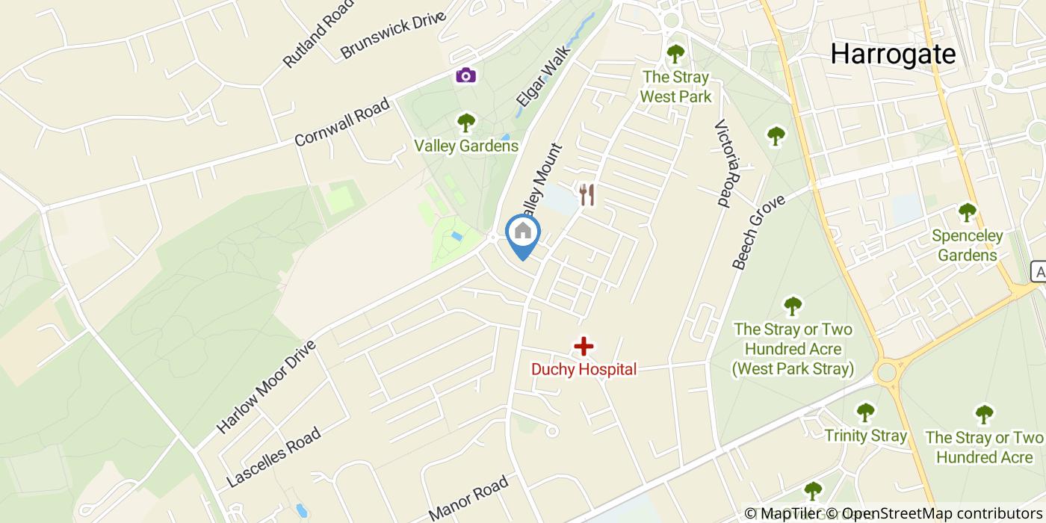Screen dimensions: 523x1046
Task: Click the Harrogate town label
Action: pos(893,54)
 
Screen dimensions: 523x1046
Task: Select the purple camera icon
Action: pos(465,75)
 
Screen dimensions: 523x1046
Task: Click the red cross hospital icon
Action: pos(584,346)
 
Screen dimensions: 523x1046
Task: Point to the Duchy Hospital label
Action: pos(584,369)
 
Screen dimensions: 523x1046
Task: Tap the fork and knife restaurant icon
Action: pos(587,195)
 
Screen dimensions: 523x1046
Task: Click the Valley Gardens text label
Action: pos(466,146)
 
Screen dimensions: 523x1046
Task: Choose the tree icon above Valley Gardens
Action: pos(466,121)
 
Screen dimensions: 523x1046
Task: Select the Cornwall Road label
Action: pos(342,122)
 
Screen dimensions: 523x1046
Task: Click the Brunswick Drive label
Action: pos(393,34)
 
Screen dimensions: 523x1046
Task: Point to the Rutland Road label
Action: pos(318,34)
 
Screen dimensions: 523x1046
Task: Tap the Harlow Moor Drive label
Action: pos(267,386)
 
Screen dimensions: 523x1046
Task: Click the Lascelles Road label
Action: pos(273,457)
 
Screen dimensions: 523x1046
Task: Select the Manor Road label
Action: pos(468,498)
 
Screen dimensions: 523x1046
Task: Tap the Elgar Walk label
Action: pos(542,77)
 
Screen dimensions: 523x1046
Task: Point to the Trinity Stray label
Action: pos(865,436)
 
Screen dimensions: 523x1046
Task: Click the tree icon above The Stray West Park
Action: pos(675,53)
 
